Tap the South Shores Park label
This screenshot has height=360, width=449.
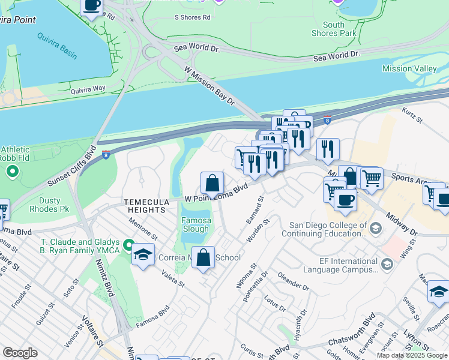tap(334, 29)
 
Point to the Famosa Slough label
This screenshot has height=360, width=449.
tap(196, 225)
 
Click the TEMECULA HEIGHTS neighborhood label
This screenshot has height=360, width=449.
tap(144, 206)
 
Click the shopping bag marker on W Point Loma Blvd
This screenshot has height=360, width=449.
tap(212, 182)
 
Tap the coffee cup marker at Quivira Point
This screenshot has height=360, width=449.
tap(91, 6)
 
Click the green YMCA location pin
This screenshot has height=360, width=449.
tap(128, 245)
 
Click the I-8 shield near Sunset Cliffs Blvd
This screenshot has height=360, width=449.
tap(106, 154)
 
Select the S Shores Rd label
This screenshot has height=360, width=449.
tap(193, 17)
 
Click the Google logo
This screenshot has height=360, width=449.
tap(20, 352)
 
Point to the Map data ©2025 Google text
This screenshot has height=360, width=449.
tap(412, 355)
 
